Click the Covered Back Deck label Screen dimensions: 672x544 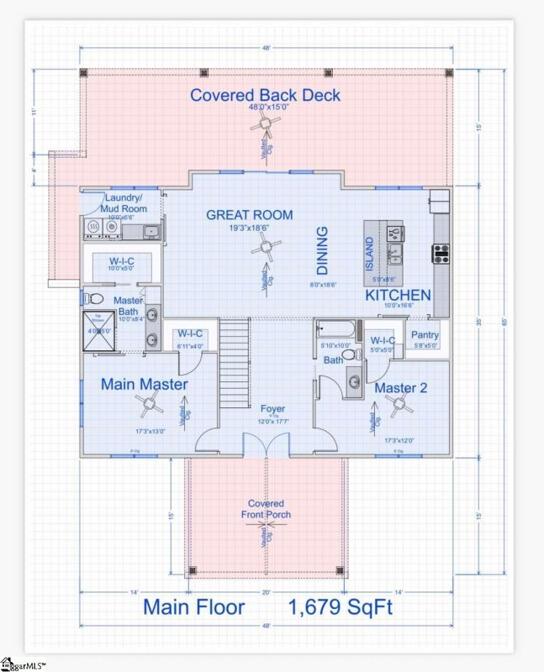coord(266,94)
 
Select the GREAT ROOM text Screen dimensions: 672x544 coord(250,215)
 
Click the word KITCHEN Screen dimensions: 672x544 coord(398,296)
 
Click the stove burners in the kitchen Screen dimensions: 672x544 coord(440,252)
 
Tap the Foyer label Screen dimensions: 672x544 coord(272,409)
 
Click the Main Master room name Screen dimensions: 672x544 coord(145,384)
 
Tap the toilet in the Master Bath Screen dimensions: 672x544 coord(95,299)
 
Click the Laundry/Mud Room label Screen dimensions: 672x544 coord(126,202)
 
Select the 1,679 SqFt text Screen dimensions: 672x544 coord(341,606)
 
